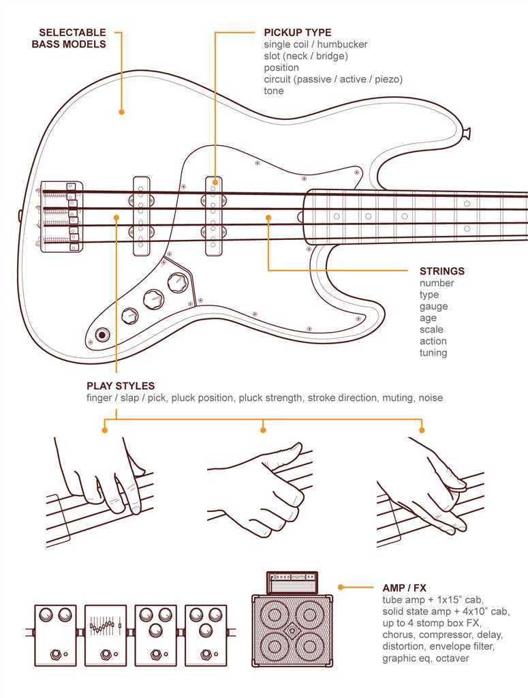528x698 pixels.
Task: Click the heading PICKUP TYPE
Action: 298,32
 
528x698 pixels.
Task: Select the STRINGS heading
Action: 442,271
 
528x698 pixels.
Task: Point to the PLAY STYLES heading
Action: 121,386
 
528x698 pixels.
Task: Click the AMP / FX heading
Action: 404,588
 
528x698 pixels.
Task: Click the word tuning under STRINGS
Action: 433,353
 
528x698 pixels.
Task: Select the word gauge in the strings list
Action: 433,307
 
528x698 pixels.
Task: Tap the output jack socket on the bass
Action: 103,335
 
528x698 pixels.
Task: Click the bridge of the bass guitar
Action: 62,215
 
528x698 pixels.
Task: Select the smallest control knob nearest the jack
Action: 129,315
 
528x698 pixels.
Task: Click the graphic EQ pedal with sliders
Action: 106,635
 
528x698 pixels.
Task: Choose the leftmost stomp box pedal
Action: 56,635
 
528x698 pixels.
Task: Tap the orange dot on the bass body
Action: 122,112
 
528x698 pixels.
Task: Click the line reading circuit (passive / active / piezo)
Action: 333,79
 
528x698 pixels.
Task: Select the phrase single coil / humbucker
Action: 315,44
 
